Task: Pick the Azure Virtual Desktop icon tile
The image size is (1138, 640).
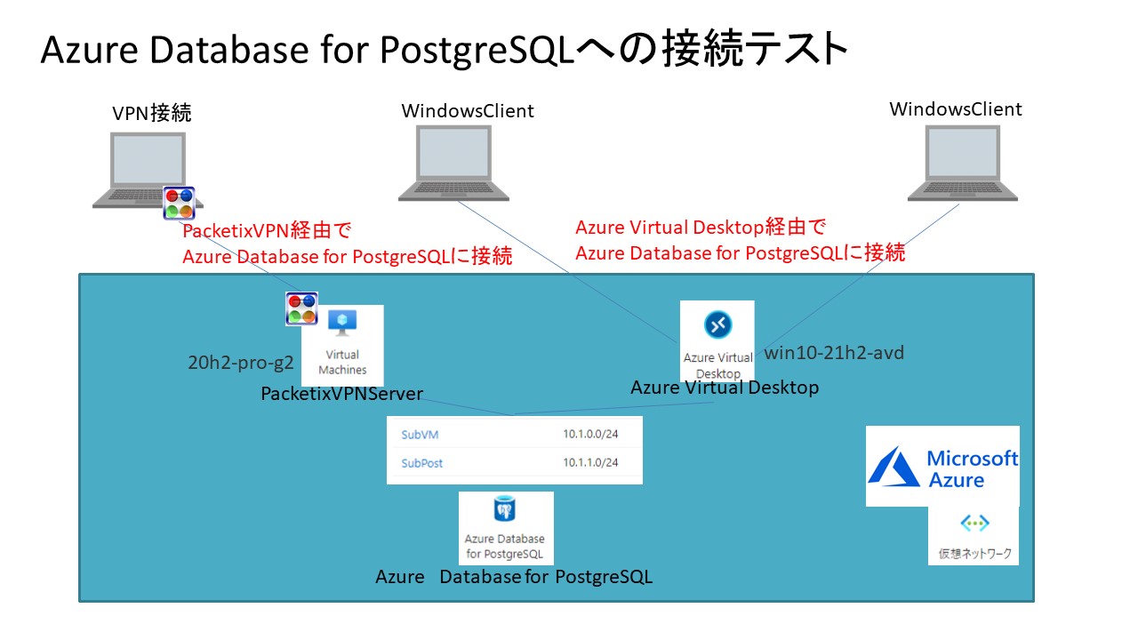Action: (x=717, y=340)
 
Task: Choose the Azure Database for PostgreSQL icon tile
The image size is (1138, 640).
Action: (x=506, y=528)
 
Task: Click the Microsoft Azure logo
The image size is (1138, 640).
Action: (x=942, y=467)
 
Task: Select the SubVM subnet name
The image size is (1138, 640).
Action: (x=420, y=436)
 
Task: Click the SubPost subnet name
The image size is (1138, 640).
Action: (x=421, y=463)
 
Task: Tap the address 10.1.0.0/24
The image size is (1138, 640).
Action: (x=590, y=436)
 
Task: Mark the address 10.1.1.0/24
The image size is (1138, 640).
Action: (x=590, y=463)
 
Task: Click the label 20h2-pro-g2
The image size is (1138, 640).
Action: (x=241, y=363)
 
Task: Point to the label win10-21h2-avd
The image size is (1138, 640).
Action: (x=835, y=354)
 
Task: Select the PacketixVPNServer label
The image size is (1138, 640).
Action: (x=341, y=394)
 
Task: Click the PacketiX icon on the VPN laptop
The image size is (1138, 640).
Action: (x=179, y=203)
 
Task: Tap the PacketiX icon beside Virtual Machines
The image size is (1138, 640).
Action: (x=301, y=308)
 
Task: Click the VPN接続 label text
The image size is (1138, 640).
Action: (x=152, y=113)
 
